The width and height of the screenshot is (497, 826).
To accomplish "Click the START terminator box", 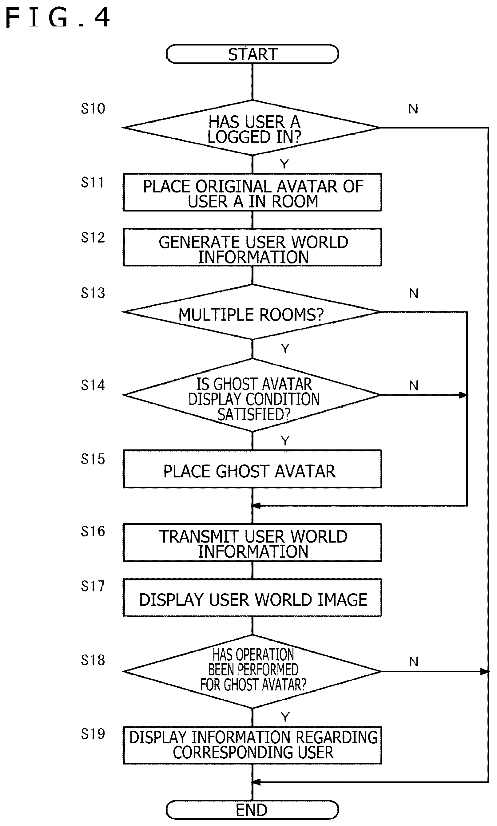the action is pyautogui.click(x=252, y=54).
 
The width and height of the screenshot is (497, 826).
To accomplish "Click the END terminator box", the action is pyautogui.click(x=252, y=810).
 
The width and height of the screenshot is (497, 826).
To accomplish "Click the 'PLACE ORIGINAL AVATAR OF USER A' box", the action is pyautogui.click(x=252, y=192).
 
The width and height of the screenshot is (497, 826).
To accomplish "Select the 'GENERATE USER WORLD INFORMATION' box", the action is pyautogui.click(x=252, y=247).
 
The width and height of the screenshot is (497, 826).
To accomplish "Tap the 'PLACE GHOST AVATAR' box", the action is pyautogui.click(x=252, y=468).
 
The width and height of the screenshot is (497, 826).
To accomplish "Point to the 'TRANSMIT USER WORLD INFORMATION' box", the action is pyautogui.click(x=252, y=542).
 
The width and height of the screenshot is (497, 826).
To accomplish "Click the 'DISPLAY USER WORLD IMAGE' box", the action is pyautogui.click(x=252, y=597).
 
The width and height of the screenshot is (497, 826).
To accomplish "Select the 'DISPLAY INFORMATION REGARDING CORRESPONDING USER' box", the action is pyautogui.click(x=252, y=745).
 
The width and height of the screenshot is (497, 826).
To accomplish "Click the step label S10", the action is pyautogui.click(x=93, y=109).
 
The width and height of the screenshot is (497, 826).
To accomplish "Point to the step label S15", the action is pyautogui.click(x=93, y=459).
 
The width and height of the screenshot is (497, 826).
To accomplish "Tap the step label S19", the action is pyautogui.click(x=93, y=734).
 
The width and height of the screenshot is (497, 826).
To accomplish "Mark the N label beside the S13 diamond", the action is pyautogui.click(x=414, y=293).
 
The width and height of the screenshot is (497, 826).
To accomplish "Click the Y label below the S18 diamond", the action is pyautogui.click(x=285, y=717).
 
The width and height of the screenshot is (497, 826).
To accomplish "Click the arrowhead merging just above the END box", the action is pyautogui.click(x=256, y=782).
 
